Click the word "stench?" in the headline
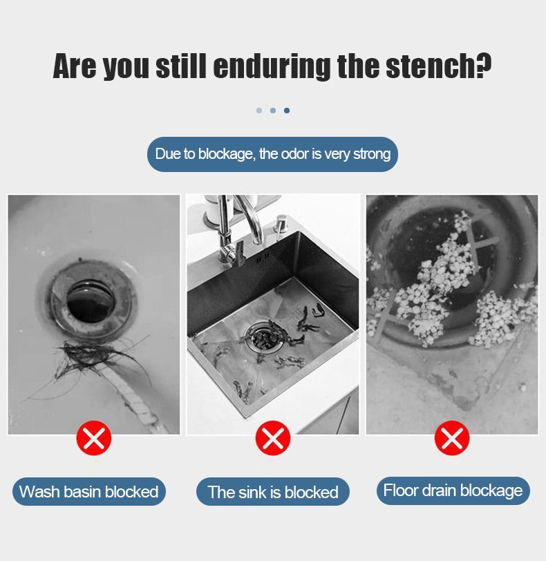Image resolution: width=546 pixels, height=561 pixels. point(439,66)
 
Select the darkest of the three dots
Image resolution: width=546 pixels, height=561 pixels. point(287,111)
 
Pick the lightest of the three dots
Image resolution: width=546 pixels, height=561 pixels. point(259,111)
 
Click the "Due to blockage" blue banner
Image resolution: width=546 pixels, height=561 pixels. point(272,154)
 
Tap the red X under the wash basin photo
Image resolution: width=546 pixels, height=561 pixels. point(94,438)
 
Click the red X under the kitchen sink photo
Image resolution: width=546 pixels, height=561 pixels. point(272,438)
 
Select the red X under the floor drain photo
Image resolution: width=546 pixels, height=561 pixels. point(452,438)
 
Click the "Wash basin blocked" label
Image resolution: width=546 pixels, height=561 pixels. point(89,492)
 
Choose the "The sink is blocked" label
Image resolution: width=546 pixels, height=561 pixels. point(272,492)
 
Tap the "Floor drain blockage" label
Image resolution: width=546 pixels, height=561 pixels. point(453,491)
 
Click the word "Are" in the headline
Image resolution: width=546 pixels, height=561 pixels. point(75,66)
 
